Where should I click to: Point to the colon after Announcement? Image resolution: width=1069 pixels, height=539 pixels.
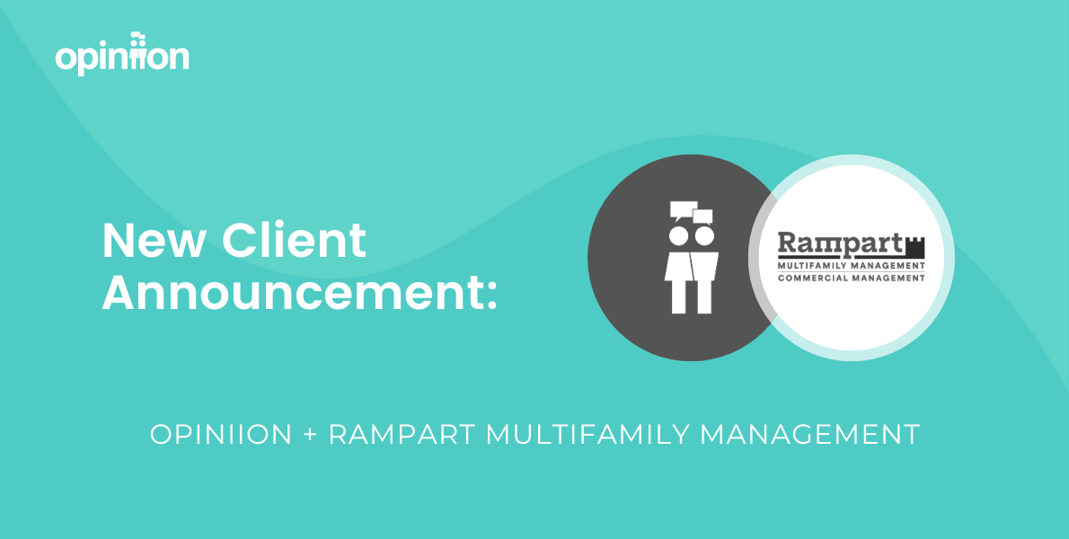(x=491, y=297)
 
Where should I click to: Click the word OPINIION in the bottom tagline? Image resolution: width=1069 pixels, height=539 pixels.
(x=221, y=435)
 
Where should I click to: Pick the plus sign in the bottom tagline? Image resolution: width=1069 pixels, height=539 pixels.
(x=310, y=436)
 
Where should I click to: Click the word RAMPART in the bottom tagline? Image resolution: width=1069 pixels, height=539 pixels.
(x=402, y=435)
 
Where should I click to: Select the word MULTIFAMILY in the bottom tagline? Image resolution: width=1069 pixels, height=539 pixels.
(x=588, y=435)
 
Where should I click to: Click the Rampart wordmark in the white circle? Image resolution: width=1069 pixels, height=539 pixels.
(x=840, y=245)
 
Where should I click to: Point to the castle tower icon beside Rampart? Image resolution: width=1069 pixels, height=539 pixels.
(x=914, y=247)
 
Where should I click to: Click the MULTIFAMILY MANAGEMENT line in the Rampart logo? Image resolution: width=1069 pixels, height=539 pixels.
(x=852, y=266)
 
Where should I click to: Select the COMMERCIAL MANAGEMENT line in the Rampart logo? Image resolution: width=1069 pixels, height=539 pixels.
(x=852, y=278)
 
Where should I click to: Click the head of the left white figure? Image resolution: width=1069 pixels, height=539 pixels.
(x=678, y=235)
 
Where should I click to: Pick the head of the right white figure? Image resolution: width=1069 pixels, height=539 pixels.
(x=704, y=235)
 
